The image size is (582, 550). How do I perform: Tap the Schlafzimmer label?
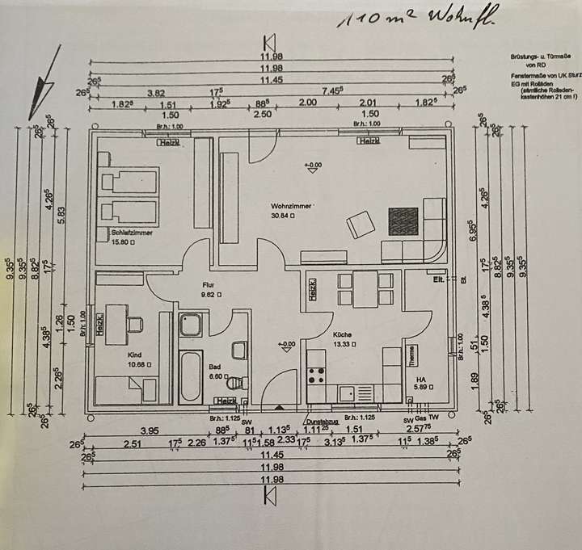pos(133,232)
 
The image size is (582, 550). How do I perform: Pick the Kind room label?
pos(135,354)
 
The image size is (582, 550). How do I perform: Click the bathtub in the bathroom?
pos(191,375)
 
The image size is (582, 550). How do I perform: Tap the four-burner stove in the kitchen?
pos(316,375)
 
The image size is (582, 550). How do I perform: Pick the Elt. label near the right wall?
pos(438,280)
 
